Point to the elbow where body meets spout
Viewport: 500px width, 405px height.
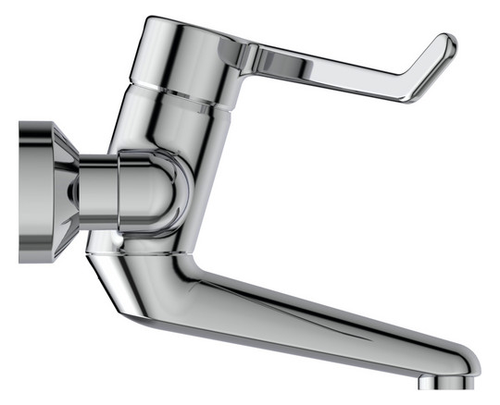point(199,268)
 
